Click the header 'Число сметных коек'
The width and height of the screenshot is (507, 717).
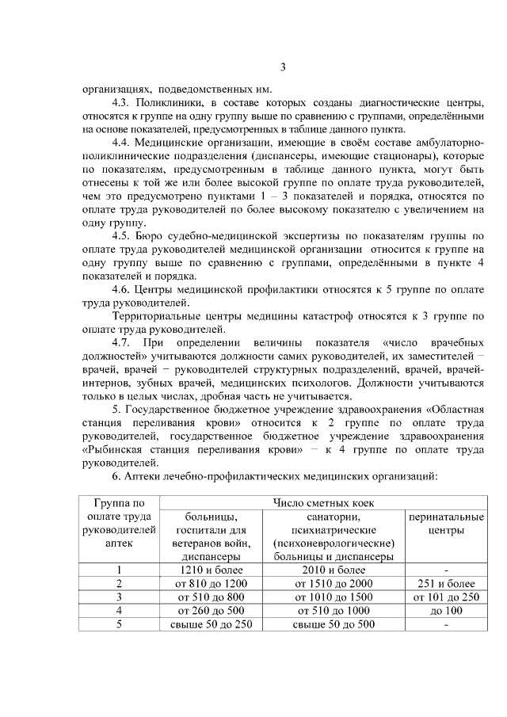point(322,503)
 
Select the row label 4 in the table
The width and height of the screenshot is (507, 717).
point(120,610)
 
